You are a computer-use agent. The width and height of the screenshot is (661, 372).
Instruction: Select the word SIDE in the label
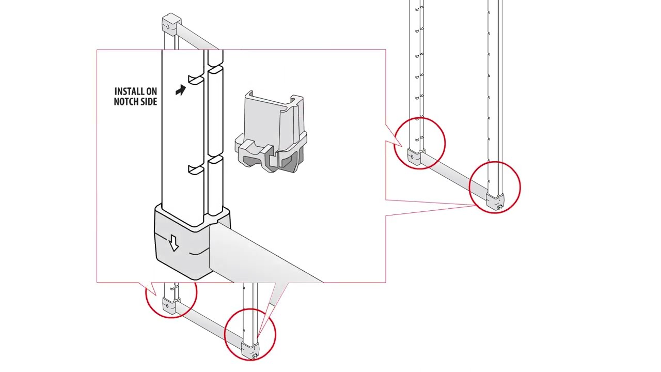point(148,102)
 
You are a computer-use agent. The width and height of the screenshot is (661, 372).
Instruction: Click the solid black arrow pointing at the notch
point(180,91)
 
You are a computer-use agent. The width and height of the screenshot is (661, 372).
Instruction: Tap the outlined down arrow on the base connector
point(174,243)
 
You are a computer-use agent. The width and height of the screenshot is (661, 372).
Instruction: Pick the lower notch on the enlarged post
point(196,168)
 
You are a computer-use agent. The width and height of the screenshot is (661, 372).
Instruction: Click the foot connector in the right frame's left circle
point(415,157)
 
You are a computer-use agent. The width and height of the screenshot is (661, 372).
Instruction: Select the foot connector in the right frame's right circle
point(495,201)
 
